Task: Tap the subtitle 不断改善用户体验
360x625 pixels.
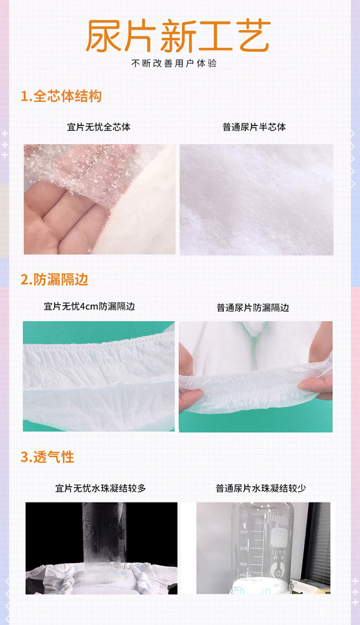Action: pos(178,63)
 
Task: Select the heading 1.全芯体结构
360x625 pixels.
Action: pos(61,97)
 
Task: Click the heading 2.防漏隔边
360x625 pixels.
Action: pos(55,279)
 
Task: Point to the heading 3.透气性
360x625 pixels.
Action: pos(47,457)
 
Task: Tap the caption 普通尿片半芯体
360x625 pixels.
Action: pos(254,127)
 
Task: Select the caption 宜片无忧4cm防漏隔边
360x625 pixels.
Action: pos(89,306)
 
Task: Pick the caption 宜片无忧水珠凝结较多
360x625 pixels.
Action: pos(100,488)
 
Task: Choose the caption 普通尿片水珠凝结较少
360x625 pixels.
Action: pos(261,488)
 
